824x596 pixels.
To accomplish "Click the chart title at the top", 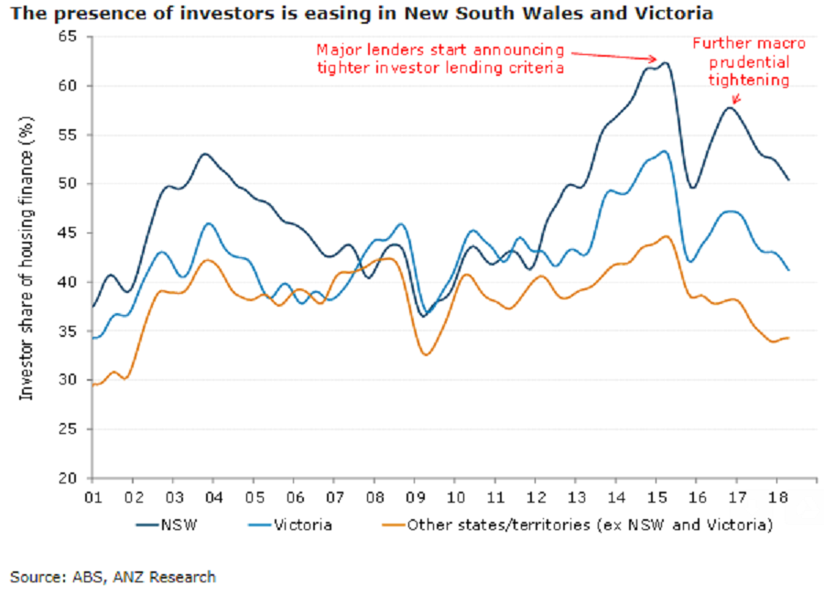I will [362, 14].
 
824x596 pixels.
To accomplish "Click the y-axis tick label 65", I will [71, 37].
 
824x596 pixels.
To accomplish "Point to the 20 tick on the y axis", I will [71, 478].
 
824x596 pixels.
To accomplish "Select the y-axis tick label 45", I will [71, 233].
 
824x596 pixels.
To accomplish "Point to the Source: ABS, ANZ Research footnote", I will [114, 577].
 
